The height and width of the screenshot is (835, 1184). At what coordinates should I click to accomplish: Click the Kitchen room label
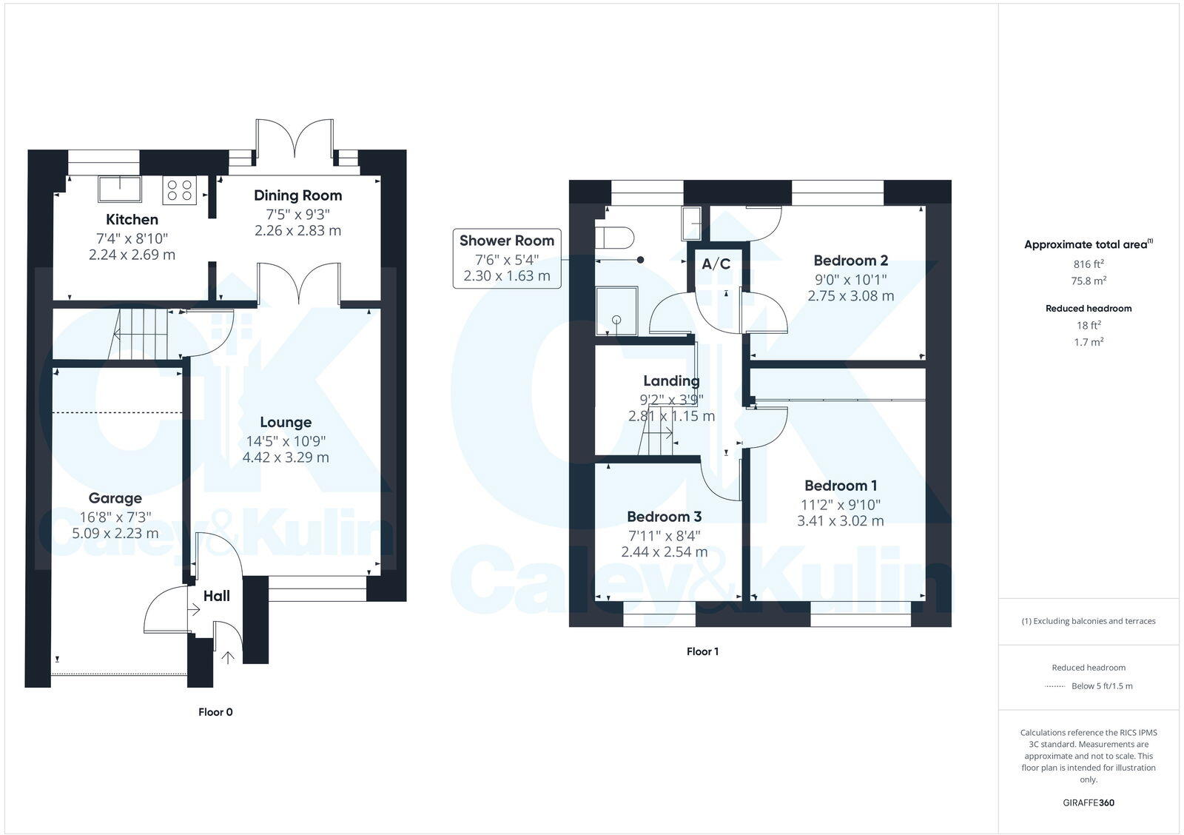[132, 220]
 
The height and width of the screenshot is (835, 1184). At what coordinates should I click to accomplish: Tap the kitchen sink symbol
[120, 189]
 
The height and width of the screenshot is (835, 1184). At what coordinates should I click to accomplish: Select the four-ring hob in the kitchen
[179, 190]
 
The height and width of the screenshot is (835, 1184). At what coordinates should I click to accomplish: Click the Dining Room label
[297, 195]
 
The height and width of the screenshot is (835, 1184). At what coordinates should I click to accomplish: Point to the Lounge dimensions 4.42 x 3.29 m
[286, 457]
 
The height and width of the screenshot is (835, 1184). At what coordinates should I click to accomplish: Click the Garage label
[115, 498]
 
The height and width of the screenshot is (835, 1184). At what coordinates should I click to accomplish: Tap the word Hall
[217, 596]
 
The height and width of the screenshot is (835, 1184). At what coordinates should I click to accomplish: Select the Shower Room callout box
[507, 258]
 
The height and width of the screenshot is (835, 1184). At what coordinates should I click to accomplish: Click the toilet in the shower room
[617, 238]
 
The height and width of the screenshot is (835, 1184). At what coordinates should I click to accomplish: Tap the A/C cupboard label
[716, 264]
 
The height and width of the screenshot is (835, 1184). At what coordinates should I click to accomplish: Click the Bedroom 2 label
[850, 261]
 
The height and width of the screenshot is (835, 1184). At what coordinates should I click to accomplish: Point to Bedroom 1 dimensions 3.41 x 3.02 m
[840, 520]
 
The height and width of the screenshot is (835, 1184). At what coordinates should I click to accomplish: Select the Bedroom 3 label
[664, 517]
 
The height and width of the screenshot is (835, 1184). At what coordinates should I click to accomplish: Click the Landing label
[671, 381]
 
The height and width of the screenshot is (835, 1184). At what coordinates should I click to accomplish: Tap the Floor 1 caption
[702, 651]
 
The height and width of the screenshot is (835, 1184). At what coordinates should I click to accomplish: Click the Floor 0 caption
[215, 712]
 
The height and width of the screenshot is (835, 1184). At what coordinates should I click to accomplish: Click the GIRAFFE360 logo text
[1088, 802]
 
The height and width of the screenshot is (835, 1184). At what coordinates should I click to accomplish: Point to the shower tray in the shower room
[616, 311]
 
